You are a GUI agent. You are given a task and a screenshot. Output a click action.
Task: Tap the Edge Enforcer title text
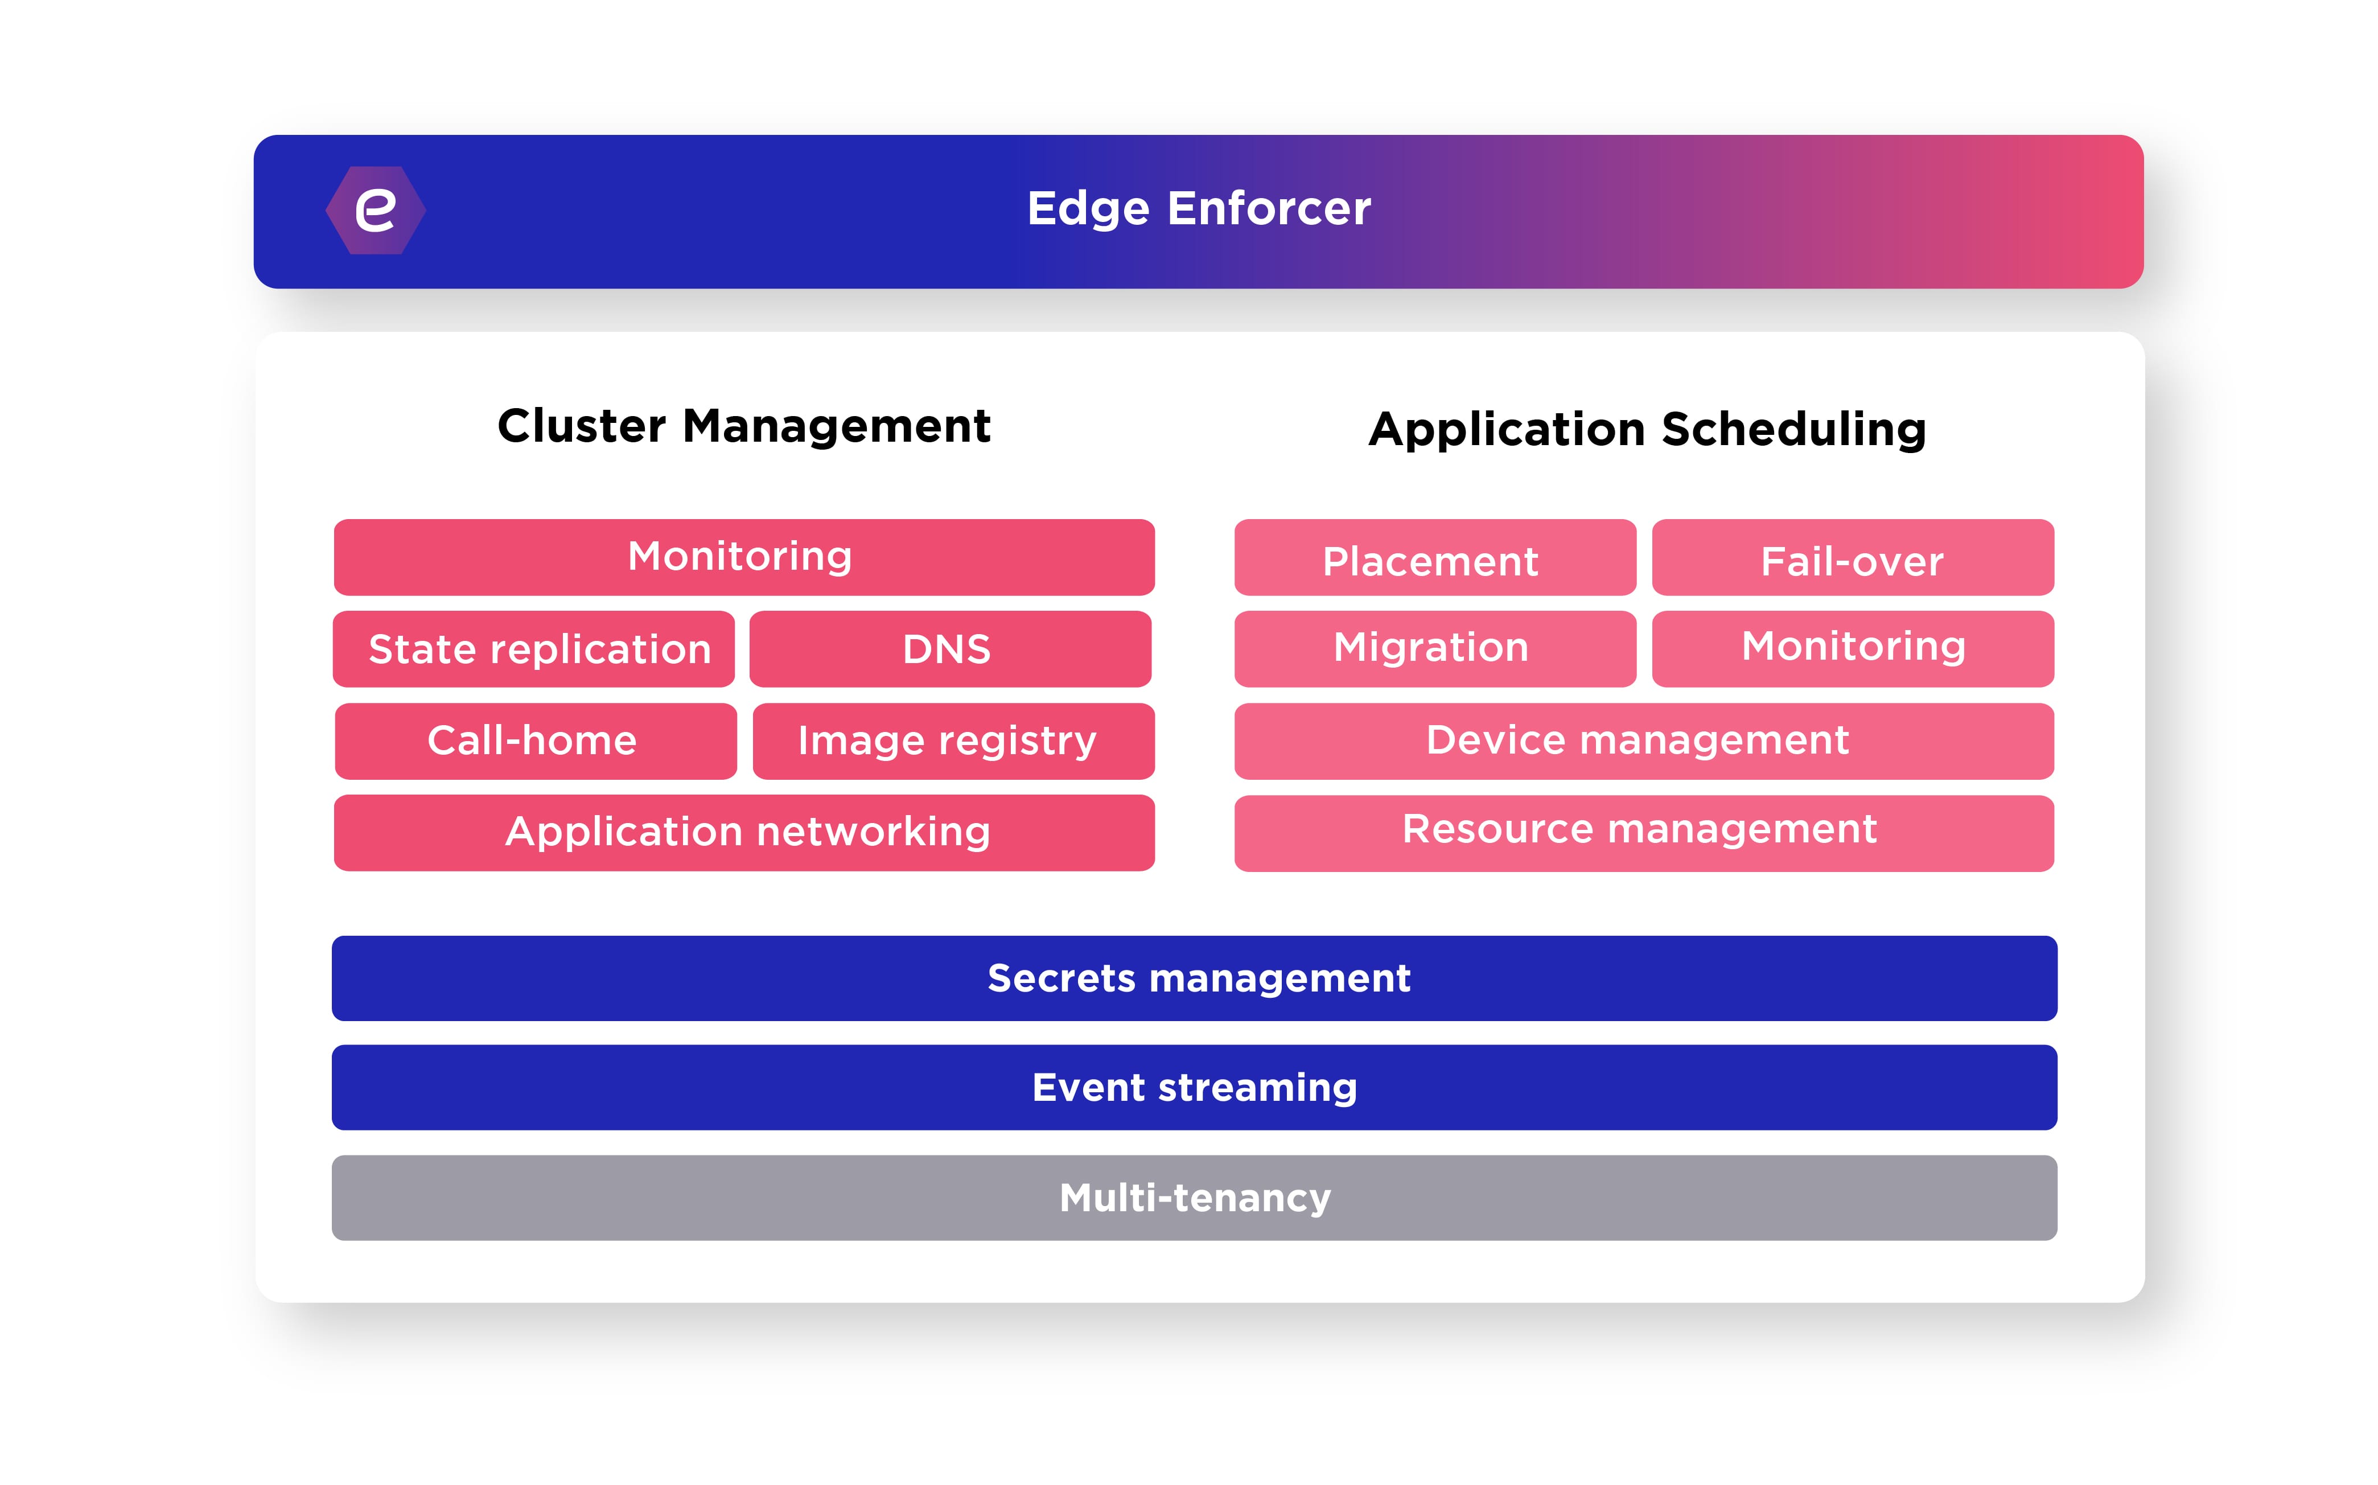[1198, 209]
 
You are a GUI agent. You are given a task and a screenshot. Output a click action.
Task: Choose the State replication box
[534, 649]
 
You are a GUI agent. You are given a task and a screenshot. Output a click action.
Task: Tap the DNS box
[949, 649]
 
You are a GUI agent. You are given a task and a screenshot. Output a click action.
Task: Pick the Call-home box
[535, 741]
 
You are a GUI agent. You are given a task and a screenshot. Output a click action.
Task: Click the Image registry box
[952, 741]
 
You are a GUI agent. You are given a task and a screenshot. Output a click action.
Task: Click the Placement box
[1434, 558]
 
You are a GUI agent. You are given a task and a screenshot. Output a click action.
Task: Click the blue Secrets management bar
[1194, 978]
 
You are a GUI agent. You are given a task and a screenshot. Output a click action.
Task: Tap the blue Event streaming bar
[1194, 1087]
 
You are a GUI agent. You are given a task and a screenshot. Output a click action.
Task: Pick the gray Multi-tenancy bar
[1194, 1197]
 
